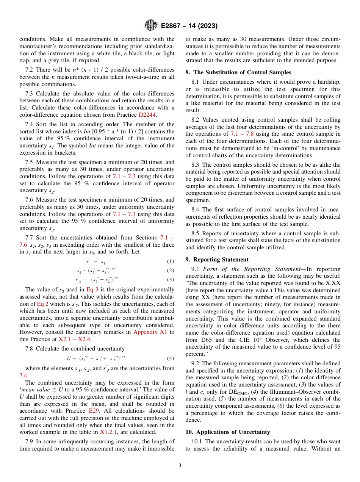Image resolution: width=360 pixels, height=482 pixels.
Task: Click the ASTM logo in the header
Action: click(x=151, y=26)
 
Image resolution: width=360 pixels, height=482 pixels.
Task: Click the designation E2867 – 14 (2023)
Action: click(x=189, y=26)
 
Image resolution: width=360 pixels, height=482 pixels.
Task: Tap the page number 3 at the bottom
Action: click(x=180, y=465)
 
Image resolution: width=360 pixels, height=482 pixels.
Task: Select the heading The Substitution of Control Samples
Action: click(x=242, y=72)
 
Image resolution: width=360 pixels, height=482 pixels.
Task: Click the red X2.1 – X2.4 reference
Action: click(x=74, y=339)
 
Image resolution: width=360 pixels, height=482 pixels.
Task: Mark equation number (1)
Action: click(x=171, y=261)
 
